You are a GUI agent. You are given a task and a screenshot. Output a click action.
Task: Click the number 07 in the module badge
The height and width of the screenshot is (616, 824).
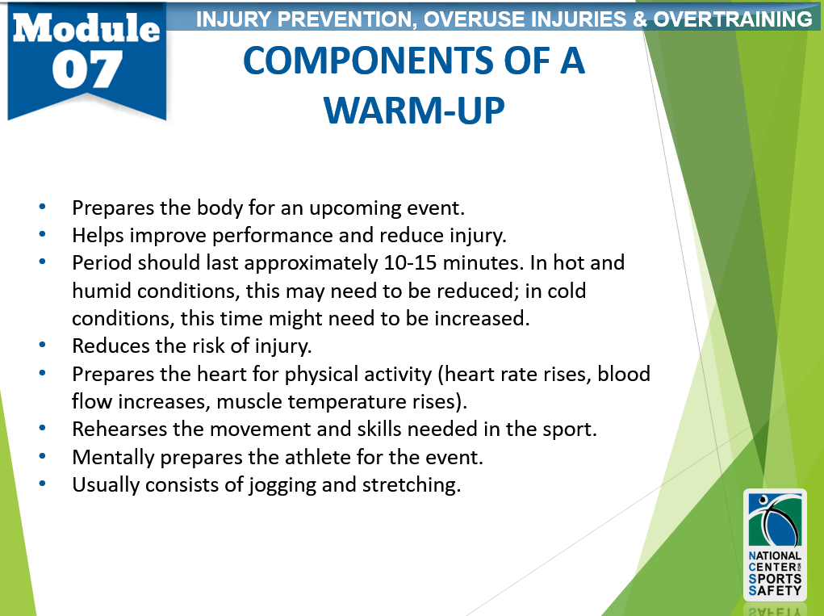[x=87, y=69]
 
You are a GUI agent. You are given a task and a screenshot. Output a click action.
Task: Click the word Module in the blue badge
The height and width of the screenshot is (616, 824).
[x=86, y=28]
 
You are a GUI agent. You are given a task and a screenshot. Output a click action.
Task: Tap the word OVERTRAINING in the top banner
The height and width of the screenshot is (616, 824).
[x=733, y=19]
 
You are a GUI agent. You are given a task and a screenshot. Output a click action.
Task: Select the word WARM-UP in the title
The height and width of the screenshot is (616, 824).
[x=414, y=111]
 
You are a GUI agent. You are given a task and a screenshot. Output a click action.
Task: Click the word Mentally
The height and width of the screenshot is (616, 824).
[x=113, y=457]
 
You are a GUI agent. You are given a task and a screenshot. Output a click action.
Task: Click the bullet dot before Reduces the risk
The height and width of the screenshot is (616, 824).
[x=42, y=345]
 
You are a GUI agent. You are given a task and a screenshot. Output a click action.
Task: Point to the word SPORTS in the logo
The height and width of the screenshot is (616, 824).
[x=775, y=579]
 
